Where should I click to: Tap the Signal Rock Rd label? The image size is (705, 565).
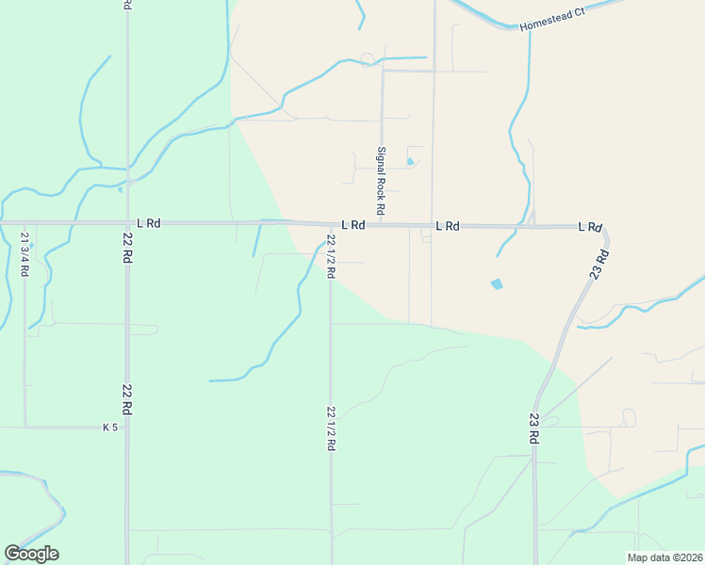[382, 179]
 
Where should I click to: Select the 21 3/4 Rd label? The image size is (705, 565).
[25, 253]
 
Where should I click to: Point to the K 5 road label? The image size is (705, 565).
[110, 428]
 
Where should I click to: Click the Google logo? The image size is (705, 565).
[31, 554]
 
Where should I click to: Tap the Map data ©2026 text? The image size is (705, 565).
[664, 557]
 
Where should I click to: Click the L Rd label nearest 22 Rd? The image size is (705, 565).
[148, 223]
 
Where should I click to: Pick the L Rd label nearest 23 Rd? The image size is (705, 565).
[590, 227]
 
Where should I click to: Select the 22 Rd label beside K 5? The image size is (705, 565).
[125, 399]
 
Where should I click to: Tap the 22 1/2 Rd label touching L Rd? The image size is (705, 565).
[331, 255]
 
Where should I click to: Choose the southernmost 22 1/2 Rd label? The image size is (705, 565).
[331, 428]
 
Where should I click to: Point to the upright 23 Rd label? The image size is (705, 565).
[534, 428]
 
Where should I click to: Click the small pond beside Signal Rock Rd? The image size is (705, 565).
[410, 161]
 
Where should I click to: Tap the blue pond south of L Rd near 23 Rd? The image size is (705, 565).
[497, 283]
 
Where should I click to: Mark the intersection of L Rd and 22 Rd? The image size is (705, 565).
[126, 223]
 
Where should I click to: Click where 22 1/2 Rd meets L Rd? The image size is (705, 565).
[330, 225]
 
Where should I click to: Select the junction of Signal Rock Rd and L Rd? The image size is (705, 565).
[383, 225]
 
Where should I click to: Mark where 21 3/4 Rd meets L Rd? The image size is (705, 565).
[25, 223]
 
